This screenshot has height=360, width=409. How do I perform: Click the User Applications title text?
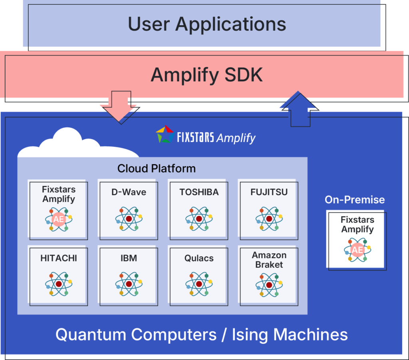click(207, 24)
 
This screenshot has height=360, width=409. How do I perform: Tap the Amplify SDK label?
click(206, 75)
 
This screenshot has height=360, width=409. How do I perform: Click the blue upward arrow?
click(299, 109)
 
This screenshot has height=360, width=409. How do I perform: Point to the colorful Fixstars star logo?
click(165, 134)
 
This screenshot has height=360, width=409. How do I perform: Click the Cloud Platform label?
click(157, 168)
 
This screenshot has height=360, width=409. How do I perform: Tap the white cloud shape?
click(78, 143)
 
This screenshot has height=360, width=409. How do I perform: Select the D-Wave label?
click(129, 192)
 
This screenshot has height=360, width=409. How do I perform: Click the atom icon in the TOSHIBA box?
click(199, 219)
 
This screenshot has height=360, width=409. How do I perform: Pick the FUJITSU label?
click(269, 192)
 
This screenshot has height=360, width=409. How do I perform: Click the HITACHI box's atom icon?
click(59, 284)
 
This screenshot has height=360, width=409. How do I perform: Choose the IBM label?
click(129, 258)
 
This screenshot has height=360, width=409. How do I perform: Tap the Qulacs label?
click(199, 258)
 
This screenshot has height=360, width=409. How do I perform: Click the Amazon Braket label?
click(269, 260)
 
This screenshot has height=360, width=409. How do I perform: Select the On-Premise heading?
click(355, 200)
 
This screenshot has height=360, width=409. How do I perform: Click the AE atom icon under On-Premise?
click(357, 250)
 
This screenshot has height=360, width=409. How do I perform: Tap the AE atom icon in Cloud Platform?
click(59, 219)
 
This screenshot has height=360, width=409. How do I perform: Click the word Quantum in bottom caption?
click(91, 334)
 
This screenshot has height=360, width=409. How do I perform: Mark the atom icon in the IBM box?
click(129, 284)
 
